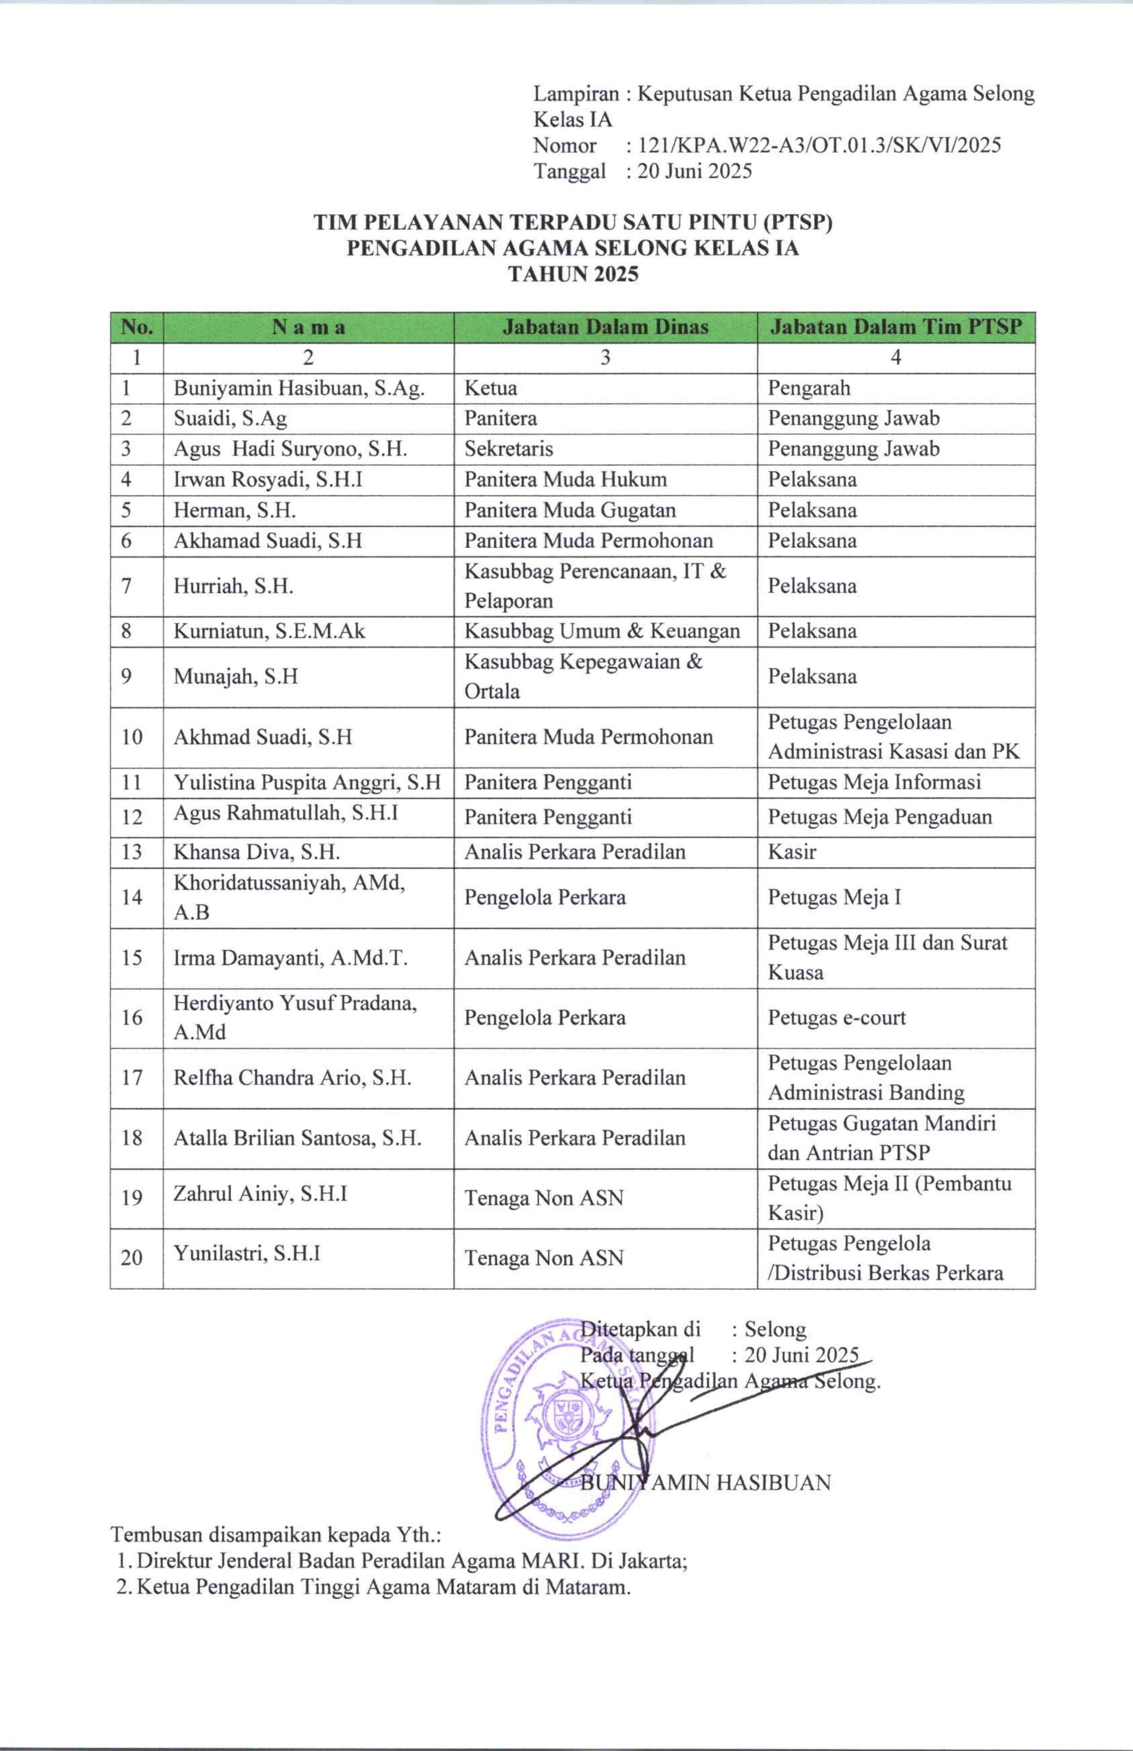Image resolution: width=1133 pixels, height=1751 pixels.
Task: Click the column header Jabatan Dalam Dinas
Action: pyautogui.click(x=605, y=328)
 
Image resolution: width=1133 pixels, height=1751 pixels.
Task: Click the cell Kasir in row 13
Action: pyautogui.click(x=792, y=852)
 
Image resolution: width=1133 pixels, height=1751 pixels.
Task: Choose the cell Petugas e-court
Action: pyautogui.click(x=836, y=1018)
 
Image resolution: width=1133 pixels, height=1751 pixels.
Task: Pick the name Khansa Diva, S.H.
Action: pyautogui.click(x=256, y=852)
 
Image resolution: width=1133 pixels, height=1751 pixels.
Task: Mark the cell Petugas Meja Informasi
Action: pyautogui.click(x=874, y=782)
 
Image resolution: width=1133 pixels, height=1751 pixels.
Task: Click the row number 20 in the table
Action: pyautogui.click(x=132, y=1257)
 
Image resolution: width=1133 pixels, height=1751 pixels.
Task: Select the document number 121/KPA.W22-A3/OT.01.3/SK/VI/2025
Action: pyautogui.click(x=819, y=145)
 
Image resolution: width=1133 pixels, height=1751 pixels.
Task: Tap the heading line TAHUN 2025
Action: pyautogui.click(x=573, y=274)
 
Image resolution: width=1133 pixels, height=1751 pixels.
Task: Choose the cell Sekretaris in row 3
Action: pyautogui.click(x=508, y=449)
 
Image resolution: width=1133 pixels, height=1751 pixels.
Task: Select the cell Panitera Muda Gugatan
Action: pyautogui.click(x=569, y=510)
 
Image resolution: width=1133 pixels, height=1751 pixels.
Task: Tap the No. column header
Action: pyautogui.click(x=137, y=328)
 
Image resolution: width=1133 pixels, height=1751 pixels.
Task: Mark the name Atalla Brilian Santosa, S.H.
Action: pyautogui.click(x=297, y=1138)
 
